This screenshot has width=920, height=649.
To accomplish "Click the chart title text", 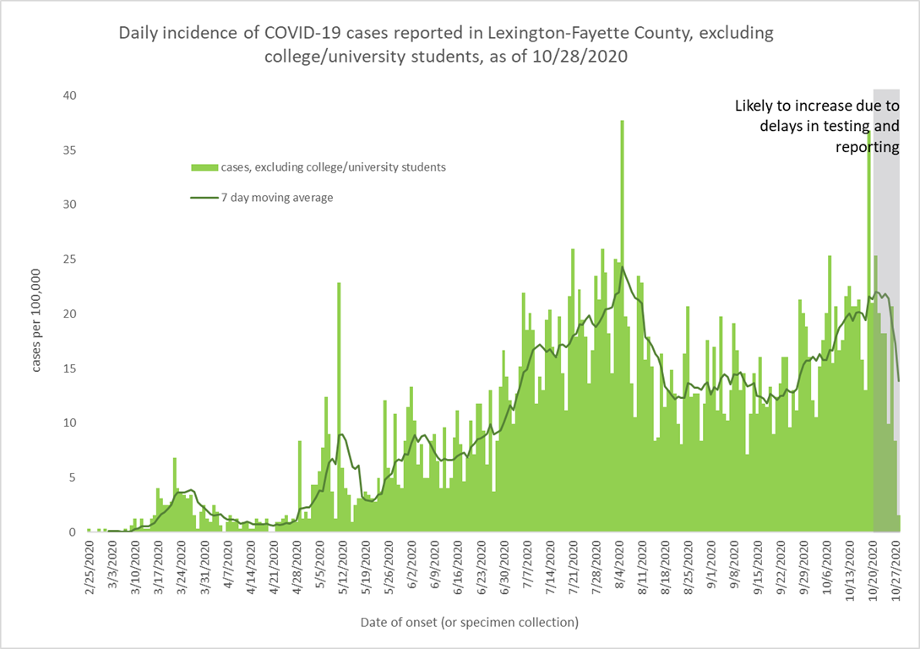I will click(446, 45).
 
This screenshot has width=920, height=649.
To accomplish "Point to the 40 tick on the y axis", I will click(70, 95).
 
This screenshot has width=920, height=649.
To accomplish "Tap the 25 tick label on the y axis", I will click(70, 259).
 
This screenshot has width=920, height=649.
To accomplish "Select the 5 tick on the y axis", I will click(73, 477).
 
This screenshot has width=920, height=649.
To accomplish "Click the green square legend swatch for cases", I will click(201, 167).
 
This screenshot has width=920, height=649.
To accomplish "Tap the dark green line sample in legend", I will click(202, 198).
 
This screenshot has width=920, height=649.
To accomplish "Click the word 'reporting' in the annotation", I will click(868, 146).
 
